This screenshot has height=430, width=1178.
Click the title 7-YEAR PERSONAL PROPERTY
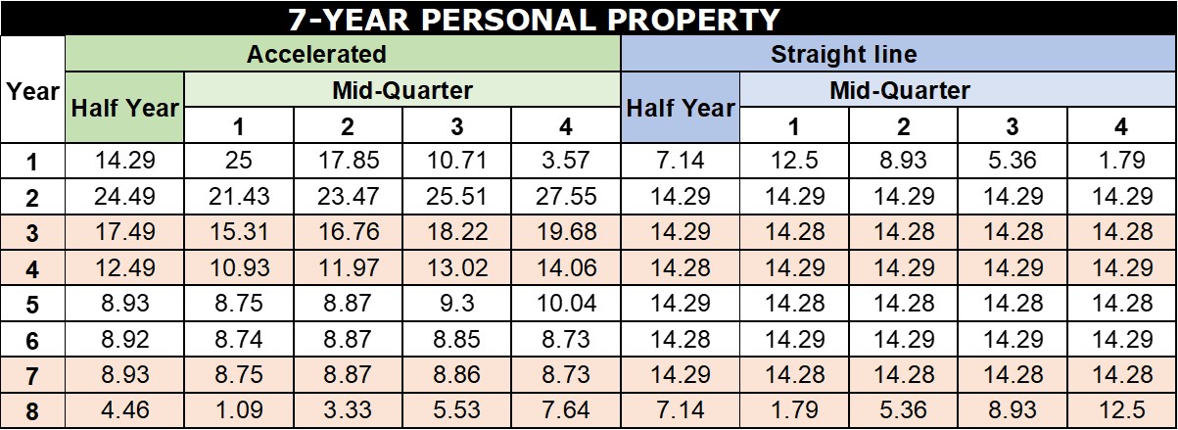535,19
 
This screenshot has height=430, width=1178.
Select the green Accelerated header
316,54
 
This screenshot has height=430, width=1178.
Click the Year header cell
32,92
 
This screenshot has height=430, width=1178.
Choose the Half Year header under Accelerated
124,109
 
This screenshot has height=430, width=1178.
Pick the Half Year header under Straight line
681,109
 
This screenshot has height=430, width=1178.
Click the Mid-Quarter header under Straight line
899,91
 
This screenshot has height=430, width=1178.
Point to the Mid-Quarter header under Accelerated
401,91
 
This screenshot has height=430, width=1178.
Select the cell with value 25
238,162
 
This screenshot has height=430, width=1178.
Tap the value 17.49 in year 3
124,233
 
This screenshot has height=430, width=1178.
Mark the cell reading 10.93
238,268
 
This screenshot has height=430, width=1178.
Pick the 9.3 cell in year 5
456,304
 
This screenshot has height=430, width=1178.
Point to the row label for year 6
32,340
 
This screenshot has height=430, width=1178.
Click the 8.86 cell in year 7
456,375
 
